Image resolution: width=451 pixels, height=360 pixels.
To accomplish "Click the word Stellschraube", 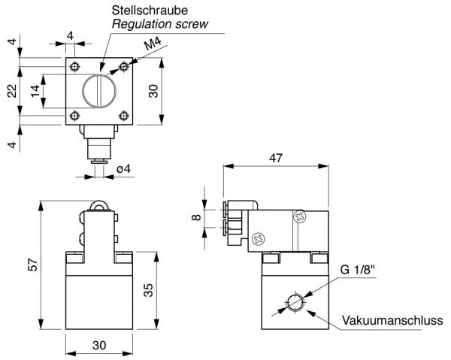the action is coord(150,11).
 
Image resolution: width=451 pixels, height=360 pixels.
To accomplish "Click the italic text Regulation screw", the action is coord(159,24).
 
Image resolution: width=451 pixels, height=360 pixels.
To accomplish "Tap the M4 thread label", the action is coord(153,44).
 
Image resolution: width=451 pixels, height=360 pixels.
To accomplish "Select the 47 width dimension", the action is coord(276,158).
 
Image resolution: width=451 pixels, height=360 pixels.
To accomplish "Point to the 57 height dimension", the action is coord(33,265).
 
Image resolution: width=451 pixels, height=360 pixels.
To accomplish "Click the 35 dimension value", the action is coord(148,290).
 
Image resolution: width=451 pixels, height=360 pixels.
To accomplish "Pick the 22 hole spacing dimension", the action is coord(12,91).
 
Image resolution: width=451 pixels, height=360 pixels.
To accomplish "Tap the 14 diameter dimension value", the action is coord(35,91).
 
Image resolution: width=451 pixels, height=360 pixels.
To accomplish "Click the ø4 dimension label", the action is coord(124,169).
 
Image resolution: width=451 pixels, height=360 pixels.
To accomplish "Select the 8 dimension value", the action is coord(196,217).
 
